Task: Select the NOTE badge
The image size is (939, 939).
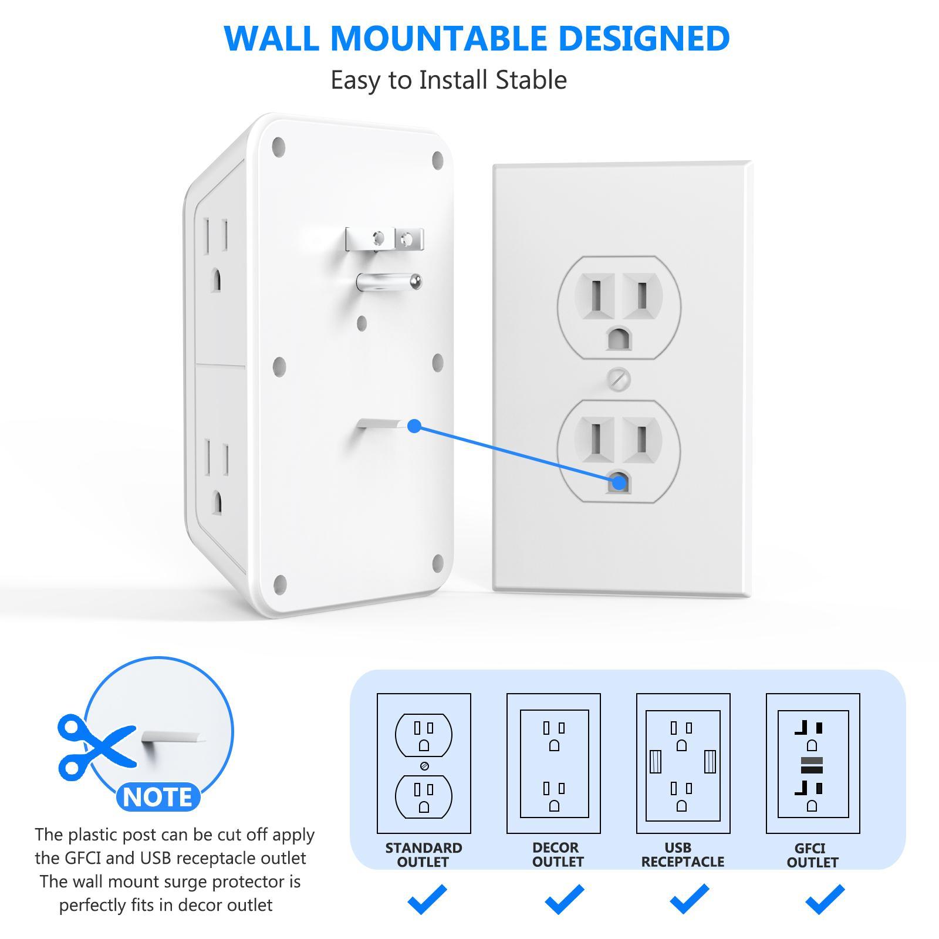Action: (x=158, y=797)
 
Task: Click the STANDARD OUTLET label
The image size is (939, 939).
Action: (x=423, y=854)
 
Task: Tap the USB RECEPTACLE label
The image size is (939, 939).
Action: (x=683, y=854)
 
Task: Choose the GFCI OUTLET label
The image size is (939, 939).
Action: (x=812, y=855)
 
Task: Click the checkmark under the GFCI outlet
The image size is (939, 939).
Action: (x=825, y=899)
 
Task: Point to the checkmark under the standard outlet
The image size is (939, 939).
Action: (x=427, y=899)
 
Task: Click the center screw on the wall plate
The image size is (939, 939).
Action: (x=619, y=379)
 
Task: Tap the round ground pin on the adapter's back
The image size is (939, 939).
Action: (x=390, y=282)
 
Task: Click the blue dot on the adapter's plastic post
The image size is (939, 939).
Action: (x=414, y=426)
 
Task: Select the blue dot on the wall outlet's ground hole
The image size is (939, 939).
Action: (x=619, y=482)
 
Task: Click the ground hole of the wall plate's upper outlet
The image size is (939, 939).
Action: (x=619, y=339)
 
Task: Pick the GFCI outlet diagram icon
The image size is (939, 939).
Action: (x=813, y=763)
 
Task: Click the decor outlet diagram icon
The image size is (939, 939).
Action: (x=553, y=763)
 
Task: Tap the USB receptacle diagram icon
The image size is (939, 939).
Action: (x=683, y=763)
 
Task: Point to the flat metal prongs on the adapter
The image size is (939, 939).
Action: (x=384, y=239)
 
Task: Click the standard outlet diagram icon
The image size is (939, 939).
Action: (x=424, y=763)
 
